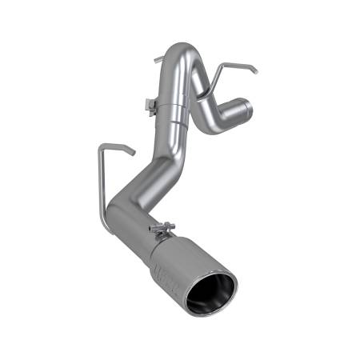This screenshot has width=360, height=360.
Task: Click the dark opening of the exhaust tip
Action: [x=210, y=294]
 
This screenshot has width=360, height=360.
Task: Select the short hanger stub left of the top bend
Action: [x=157, y=59]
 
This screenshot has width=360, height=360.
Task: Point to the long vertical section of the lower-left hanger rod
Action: [x=99, y=184]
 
